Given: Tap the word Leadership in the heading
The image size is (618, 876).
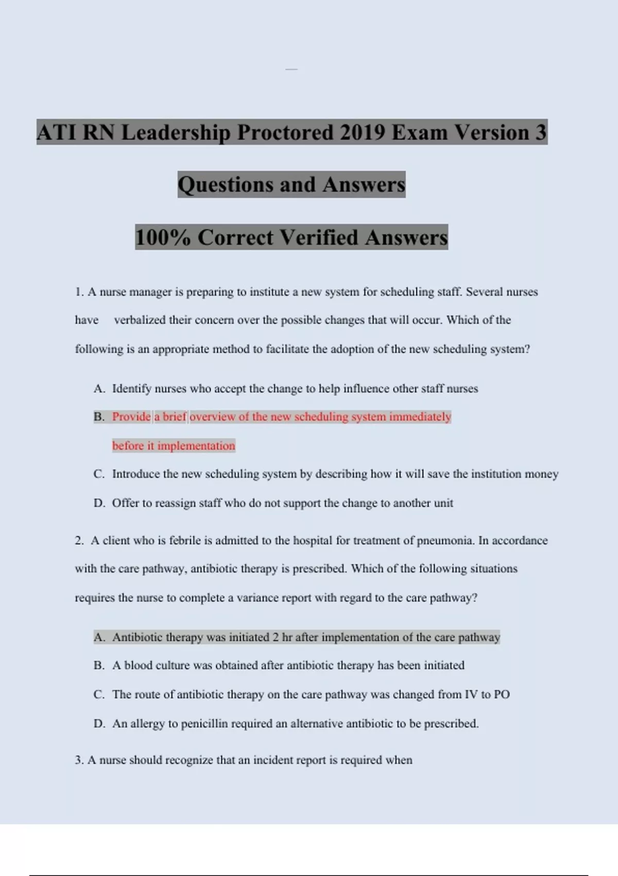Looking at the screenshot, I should click(176, 132).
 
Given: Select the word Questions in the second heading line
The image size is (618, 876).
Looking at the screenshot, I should click(226, 184).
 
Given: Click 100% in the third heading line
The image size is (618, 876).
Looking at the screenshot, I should click(163, 238).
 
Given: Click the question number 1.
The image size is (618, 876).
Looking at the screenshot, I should click(79, 292).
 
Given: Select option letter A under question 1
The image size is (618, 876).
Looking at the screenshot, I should click(99, 389).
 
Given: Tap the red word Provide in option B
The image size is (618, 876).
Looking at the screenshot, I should click(131, 416).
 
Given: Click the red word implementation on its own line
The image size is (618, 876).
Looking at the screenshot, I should click(196, 446).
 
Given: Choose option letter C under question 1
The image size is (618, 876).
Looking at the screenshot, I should click(99, 474).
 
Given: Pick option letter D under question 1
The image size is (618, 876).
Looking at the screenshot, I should click(99, 503).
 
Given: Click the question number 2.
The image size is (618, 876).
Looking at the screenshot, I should click(79, 541).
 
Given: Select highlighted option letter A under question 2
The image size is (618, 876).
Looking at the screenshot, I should click(99, 637).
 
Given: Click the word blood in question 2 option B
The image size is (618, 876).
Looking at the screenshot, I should click(139, 665).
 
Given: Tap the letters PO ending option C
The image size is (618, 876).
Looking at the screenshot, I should click(502, 695).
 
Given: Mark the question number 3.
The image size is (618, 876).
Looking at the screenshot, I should click(79, 760).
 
